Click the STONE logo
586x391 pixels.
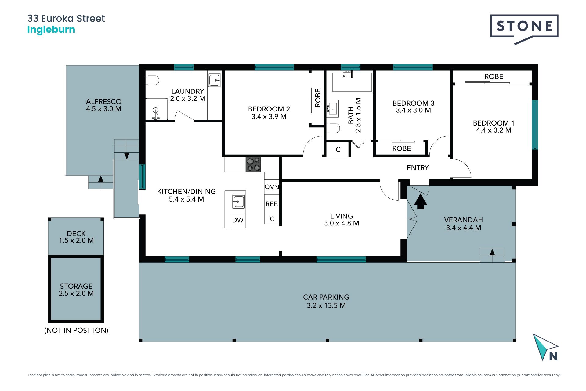[524, 29]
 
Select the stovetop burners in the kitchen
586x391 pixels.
[253, 164]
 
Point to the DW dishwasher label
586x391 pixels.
[238, 220]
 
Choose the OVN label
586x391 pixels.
[272, 187]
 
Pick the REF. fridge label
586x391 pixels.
[272, 204]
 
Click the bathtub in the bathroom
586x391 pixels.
[352, 82]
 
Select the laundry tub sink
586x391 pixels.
[215, 80]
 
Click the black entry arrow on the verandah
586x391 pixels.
[421, 202]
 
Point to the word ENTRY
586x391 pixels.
[418, 168]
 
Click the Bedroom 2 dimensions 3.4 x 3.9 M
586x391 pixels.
[269, 117]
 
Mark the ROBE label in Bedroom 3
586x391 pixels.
[401, 148]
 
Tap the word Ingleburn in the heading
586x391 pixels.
[51, 30]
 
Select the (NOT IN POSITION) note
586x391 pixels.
[76, 330]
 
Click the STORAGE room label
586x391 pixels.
[76, 286]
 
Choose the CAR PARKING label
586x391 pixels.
[326, 297]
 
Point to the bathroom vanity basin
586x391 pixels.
[332, 108]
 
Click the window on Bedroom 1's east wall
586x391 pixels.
[535, 125]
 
